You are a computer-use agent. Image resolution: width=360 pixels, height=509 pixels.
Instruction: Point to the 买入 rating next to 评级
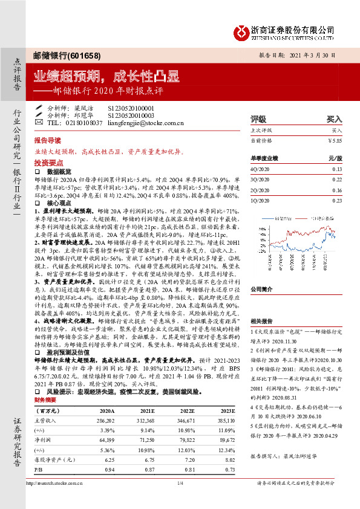click(x=334, y=120)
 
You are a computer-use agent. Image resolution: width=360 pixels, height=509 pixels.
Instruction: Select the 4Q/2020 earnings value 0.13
click(x=337, y=169)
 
